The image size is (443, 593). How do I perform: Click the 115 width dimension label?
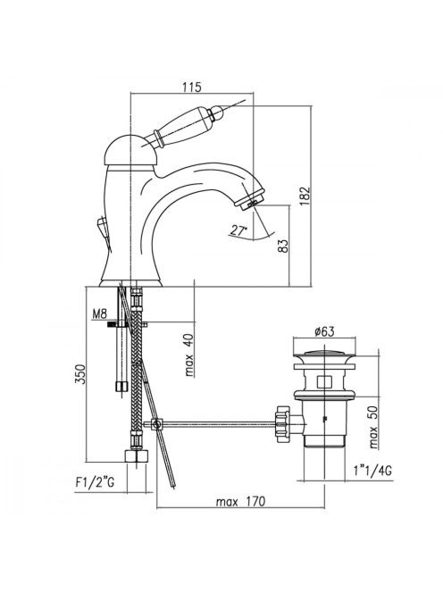192,87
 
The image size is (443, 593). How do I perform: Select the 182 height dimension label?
305,196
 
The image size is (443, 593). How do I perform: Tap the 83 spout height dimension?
283,246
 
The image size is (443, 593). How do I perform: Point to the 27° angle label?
238,230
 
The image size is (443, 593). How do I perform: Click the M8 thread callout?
100,313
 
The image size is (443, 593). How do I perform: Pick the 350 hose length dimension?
80,374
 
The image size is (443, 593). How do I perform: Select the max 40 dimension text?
189,355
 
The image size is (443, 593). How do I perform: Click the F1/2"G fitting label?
95,482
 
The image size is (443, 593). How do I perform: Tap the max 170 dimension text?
240,502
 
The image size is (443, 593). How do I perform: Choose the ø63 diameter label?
324,331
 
